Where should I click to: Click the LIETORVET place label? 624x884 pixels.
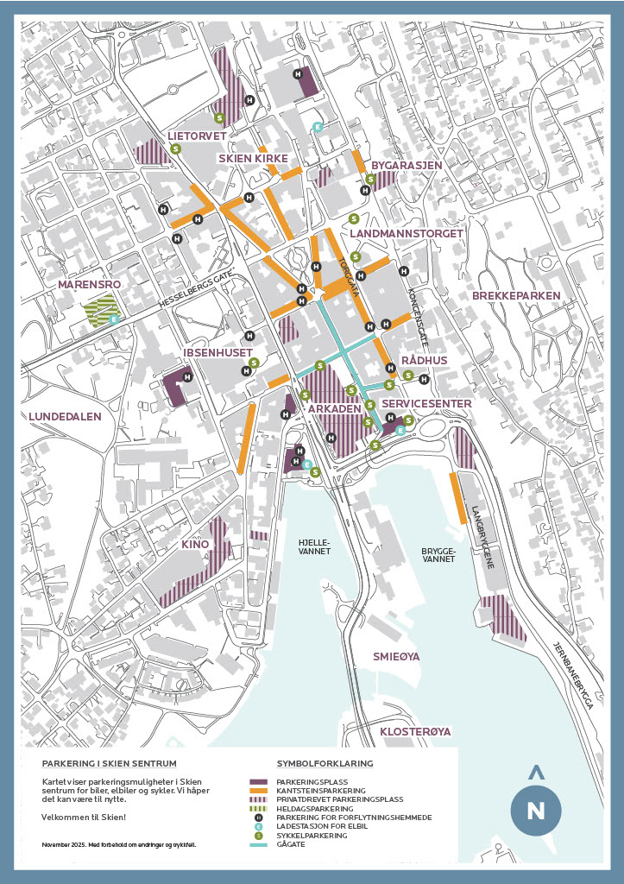click(197, 136)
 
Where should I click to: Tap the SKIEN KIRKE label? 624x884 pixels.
click(253, 158)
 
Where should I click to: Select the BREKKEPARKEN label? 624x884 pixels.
click(516, 296)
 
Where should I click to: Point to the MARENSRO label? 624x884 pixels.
click(88, 283)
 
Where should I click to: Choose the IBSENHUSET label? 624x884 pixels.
click(217, 352)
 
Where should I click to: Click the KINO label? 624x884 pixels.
click(197, 545)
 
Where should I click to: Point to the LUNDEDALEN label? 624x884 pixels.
click(65, 416)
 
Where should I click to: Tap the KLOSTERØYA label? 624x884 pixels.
click(415, 731)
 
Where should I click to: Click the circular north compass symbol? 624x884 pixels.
click(535, 810)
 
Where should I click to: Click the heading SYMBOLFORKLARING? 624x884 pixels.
click(325, 764)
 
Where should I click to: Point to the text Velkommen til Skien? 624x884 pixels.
click(83, 817)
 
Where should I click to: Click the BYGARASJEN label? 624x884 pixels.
click(407, 165)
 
